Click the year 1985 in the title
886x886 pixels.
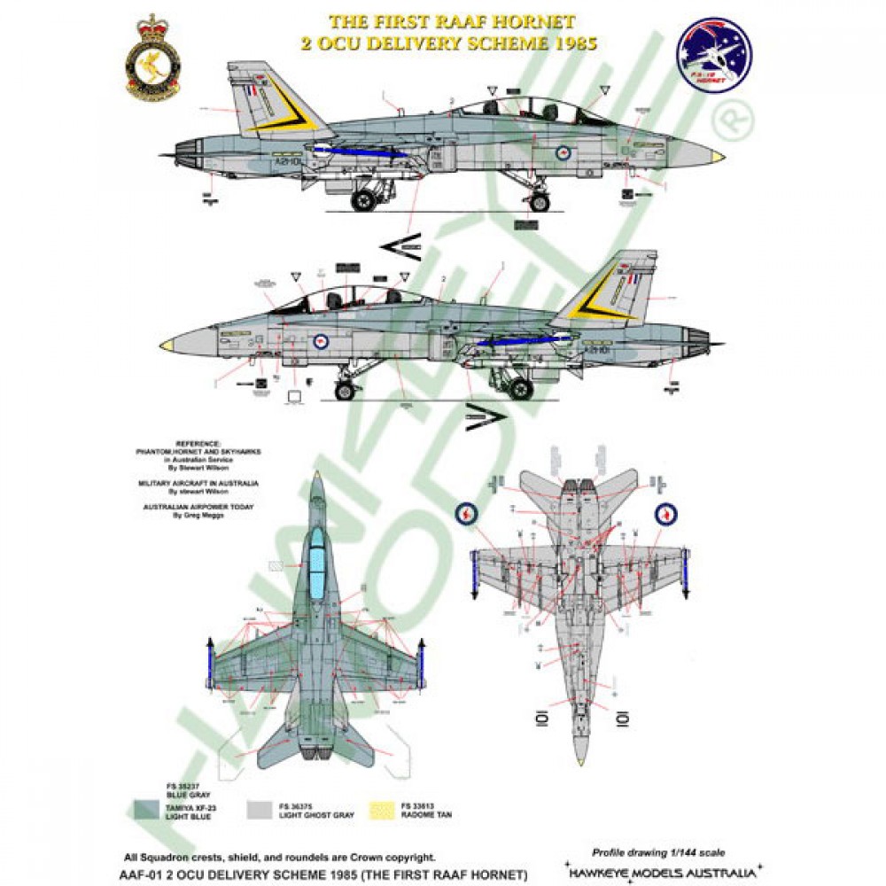(567, 42)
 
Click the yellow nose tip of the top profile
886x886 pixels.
(717, 157)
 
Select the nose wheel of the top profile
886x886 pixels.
(537, 202)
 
